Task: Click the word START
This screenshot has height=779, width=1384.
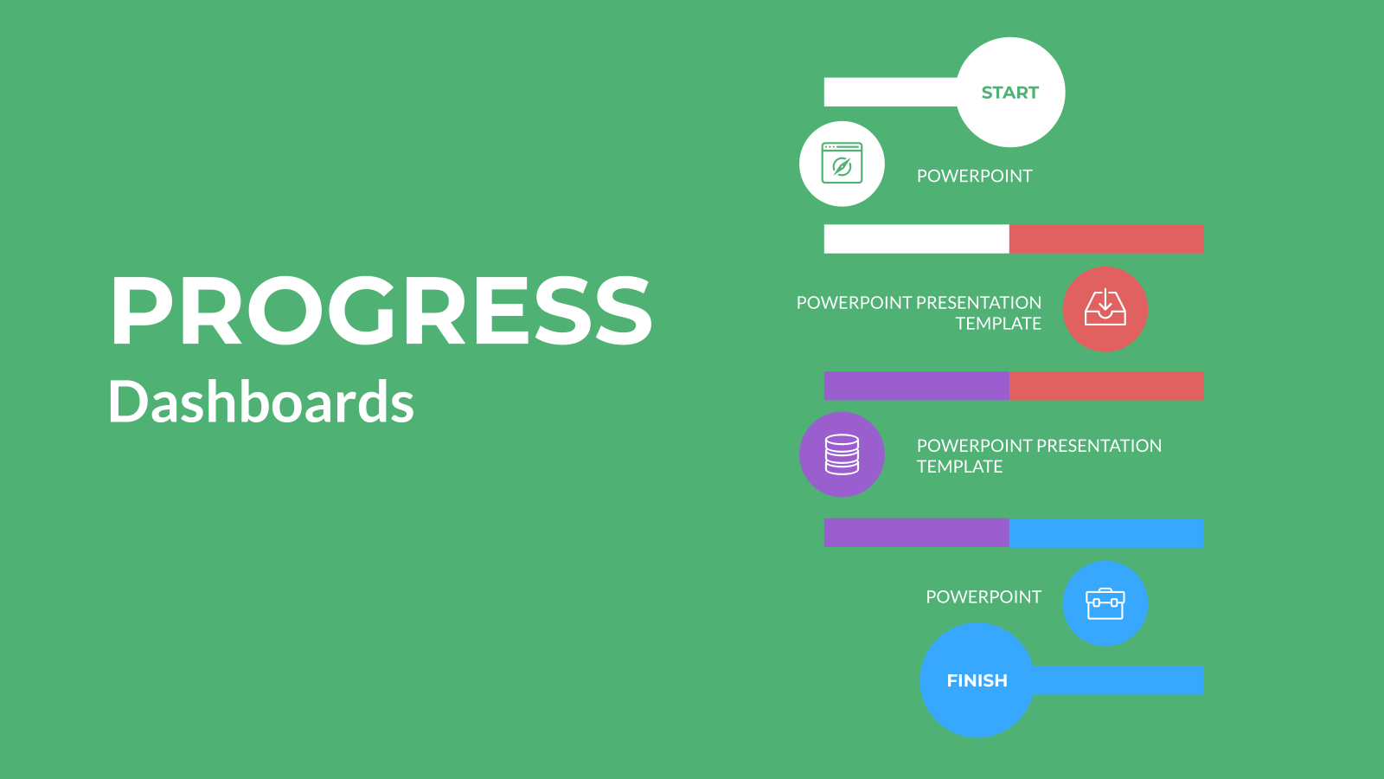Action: [1009, 93]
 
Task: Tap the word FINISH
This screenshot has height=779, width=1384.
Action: [977, 680]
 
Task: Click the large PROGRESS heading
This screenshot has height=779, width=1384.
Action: [381, 310]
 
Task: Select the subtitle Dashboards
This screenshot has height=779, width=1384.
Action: [260, 402]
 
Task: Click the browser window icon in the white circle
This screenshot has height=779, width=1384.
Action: [842, 164]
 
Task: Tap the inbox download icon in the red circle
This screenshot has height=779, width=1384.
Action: [1105, 307]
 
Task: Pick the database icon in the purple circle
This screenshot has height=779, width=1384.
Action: [842, 454]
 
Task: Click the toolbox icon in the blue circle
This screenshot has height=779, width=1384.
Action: [1105, 604]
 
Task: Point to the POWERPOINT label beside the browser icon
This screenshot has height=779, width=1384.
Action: [974, 177]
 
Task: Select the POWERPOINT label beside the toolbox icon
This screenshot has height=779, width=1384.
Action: [983, 597]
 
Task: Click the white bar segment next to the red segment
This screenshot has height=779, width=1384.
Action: [917, 239]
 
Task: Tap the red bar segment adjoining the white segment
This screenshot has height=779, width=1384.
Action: [1106, 239]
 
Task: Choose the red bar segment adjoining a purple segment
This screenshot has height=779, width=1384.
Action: [1106, 386]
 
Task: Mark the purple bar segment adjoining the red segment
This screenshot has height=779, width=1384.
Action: [917, 386]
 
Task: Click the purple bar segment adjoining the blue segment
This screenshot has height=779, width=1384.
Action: [917, 533]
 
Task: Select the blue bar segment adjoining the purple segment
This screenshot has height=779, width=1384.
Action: [1106, 533]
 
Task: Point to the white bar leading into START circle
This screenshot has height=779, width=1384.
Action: [891, 92]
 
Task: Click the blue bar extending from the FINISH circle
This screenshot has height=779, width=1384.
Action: [1118, 680]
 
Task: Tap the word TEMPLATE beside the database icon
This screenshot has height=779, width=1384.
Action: [959, 467]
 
